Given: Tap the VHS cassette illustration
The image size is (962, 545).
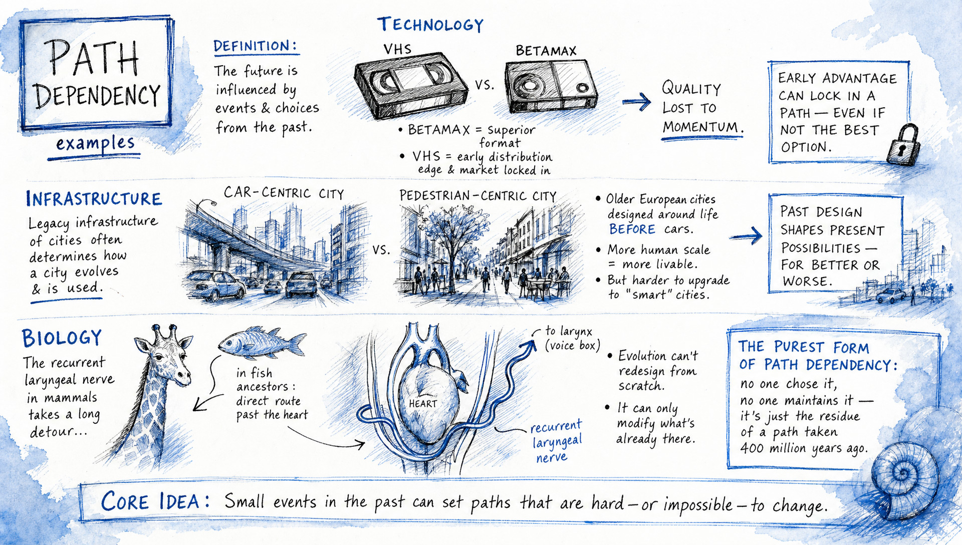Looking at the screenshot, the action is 411,86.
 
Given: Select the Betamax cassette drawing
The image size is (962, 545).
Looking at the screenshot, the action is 550,86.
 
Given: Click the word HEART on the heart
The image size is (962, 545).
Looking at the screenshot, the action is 423,404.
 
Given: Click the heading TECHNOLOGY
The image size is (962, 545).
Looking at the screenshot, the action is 430,25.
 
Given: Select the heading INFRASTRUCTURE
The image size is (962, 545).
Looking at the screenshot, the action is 94,199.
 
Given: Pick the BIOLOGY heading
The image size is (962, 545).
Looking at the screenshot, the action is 62,338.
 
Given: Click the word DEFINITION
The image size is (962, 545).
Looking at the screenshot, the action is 252,46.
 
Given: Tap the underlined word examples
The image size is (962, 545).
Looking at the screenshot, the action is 95,144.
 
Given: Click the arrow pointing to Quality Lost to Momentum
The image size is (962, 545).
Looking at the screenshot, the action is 636,103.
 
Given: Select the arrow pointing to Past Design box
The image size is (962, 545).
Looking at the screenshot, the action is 746,235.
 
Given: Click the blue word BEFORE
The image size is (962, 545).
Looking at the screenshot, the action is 632,229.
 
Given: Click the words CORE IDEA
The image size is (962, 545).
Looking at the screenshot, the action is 154,501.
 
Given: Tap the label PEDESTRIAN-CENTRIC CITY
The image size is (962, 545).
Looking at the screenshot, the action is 477,196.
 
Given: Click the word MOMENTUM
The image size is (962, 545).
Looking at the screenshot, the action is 700,127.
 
